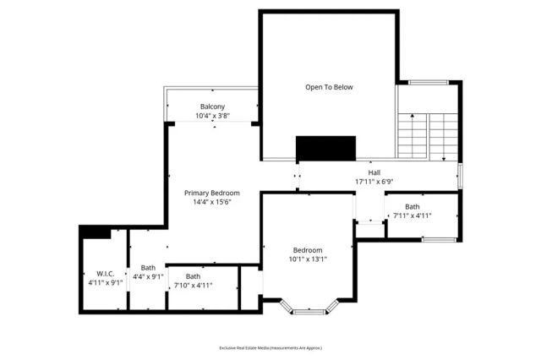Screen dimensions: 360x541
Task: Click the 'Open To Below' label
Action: pos(329,87)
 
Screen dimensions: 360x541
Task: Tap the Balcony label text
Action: pos(212,106)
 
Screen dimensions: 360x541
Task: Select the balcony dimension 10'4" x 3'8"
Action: pos(212,116)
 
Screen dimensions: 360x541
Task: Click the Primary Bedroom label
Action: pos(212,193)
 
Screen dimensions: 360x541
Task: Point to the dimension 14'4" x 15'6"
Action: pos(212,202)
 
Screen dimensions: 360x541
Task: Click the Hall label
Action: pos(374,172)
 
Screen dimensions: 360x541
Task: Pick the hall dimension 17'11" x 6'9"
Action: pos(374,182)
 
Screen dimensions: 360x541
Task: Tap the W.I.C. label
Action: pos(106,273)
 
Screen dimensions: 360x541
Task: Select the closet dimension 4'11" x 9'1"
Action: pos(106,282)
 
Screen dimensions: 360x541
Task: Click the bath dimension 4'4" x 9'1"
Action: pos(148,276)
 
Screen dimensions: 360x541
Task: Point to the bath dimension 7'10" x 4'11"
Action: pos(194,286)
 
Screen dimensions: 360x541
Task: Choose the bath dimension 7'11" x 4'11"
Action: pos(412,215)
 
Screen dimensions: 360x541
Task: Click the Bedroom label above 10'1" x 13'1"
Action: pos(308,250)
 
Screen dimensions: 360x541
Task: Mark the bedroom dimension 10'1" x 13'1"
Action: pos(308,259)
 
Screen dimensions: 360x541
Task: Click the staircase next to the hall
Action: pos(428,134)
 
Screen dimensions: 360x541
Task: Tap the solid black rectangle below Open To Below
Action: pos(326,148)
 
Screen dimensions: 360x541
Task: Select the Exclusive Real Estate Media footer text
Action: pos(270,348)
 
